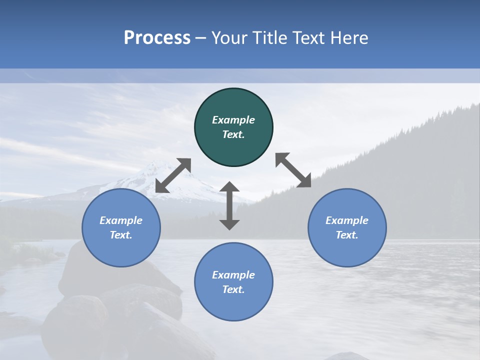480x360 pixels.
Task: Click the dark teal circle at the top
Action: click(233, 127)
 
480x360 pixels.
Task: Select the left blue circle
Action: click(121, 228)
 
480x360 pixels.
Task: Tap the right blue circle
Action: click(347, 228)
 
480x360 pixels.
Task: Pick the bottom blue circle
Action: click(233, 282)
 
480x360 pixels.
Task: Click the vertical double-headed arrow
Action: click(229, 205)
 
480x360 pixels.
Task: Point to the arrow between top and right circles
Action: click(293, 170)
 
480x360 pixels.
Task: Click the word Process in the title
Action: click(157, 38)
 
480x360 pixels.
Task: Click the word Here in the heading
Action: click(349, 38)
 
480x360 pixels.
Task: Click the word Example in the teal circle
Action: click(233, 120)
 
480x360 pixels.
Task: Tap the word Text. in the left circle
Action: click(121, 235)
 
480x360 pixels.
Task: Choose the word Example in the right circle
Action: click(347, 220)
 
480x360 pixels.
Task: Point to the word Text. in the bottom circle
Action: click(233, 289)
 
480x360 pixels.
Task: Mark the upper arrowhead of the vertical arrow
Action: click(229, 186)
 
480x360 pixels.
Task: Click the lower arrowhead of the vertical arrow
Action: click(229, 224)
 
